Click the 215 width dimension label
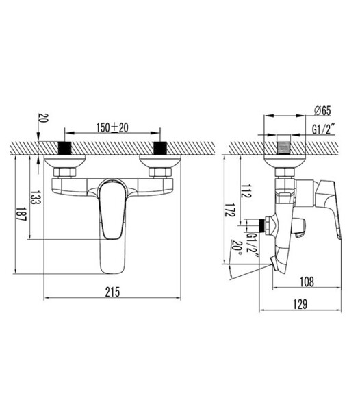112,292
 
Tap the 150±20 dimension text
112,127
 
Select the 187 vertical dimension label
21,214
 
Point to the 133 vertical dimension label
36,197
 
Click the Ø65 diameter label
322,110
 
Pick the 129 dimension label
300,304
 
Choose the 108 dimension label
307,282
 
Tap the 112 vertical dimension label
246,191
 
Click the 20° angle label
236,249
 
